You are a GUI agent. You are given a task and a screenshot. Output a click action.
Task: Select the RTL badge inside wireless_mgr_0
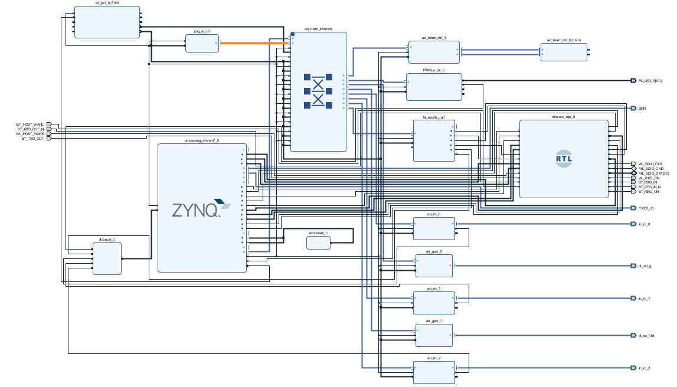(564, 158)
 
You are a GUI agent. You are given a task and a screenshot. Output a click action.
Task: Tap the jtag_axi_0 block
(202, 43)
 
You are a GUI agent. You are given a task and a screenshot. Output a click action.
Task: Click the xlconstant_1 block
(318, 242)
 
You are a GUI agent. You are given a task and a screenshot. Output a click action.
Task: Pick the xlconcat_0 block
(107, 258)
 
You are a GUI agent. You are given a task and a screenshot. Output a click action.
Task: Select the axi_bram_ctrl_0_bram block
(564, 52)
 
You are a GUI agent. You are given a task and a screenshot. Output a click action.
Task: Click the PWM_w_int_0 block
(434, 87)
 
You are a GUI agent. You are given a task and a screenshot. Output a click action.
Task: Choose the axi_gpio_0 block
(434, 265)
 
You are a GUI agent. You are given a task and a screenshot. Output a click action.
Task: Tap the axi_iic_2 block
(434, 372)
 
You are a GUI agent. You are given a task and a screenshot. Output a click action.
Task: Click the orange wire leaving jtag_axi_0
(254, 43)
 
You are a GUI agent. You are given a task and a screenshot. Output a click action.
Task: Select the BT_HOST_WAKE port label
(30, 124)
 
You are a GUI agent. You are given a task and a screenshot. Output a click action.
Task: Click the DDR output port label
(642, 109)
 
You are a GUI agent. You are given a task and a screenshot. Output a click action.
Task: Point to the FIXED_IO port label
(646, 208)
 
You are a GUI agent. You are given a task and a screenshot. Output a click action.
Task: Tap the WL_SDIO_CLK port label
(650, 163)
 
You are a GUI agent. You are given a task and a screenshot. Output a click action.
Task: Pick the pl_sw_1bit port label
(646, 336)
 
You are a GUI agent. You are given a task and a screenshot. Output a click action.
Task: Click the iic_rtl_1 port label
(645, 299)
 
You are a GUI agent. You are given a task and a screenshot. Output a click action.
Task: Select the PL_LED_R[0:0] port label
(650, 81)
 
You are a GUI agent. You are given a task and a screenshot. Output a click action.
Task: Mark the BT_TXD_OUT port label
(32, 139)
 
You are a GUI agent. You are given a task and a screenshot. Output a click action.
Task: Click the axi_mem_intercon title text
(318, 29)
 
